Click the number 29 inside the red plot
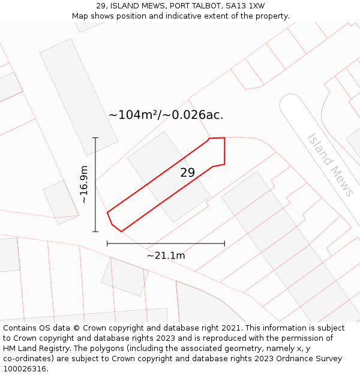[x=188, y=173]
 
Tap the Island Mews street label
[x=331, y=164]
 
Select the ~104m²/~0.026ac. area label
[x=170, y=115]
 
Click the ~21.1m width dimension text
[x=166, y=256]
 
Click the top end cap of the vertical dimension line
[x=95, y=138]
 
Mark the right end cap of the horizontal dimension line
[x=224, y=243]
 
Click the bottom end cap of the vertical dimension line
[x=95, y=232]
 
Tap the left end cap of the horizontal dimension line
[x=107, y=243]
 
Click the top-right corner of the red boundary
[x=224, y=138]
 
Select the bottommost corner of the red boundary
[x=121, y=231]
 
